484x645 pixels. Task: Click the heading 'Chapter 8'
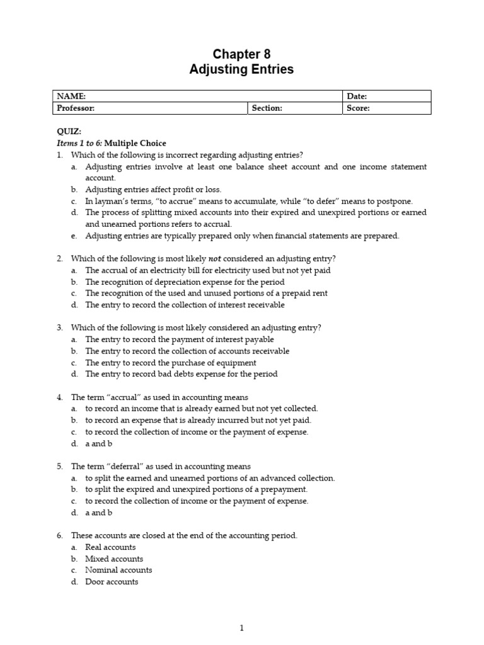click(241, 54)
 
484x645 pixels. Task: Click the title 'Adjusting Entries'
click(241, 69)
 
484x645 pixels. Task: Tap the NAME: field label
click(71, 96)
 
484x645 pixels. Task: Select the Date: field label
click(357, 96)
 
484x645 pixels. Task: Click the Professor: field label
click(76, 108)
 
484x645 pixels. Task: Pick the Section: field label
click(267, 108)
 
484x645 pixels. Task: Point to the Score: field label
click(358, 108)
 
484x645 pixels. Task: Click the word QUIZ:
click(69, 132)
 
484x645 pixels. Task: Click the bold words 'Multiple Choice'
click(135, 143)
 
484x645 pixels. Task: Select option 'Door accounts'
click(112, 582)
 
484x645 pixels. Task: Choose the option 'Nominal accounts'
click(118, 570)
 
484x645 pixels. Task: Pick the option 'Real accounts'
click(110, 547)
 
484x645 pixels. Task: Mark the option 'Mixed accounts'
click(114, 559)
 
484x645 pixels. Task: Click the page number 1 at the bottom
click(241, 627)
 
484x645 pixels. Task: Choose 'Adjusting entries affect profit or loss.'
click(153, 190)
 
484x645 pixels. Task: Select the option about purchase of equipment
click(171, 363)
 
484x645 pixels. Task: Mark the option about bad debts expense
click(181, 374)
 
